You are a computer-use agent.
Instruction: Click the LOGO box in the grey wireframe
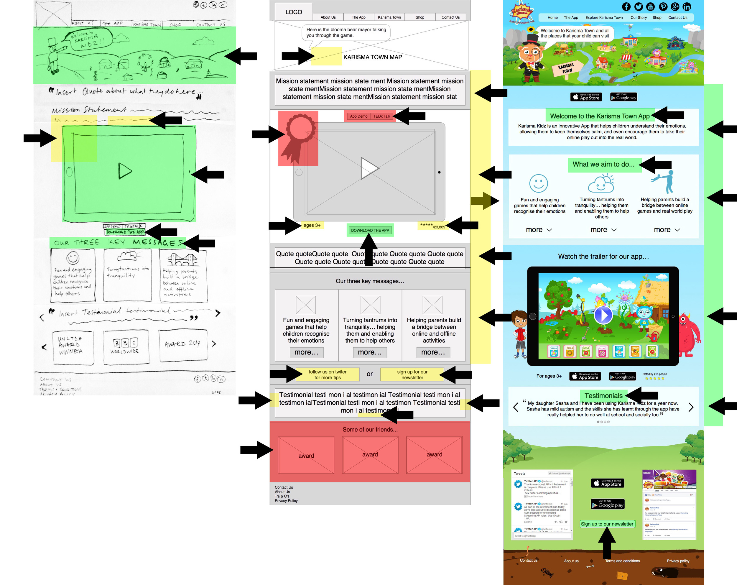coord(294,12)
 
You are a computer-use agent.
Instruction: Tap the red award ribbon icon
coord(298,137)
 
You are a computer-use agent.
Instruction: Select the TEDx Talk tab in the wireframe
coord(381,116)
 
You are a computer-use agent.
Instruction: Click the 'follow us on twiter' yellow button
coord(327,374)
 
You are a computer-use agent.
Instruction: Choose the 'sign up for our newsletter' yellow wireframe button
coord(412,374)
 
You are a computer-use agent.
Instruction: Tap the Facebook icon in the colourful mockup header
coord(626,6)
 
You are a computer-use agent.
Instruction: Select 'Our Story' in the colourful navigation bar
coord(638,17)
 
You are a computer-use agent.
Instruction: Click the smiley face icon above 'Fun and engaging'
coord(538,183)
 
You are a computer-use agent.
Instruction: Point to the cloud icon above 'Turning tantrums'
coord(601,184)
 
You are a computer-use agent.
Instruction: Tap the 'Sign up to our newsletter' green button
coord(607,524)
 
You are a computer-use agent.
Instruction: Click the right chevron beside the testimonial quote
coord(691,407)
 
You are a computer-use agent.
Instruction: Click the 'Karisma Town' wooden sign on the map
coord(566,69)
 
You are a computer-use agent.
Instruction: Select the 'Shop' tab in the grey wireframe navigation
coord(420,17)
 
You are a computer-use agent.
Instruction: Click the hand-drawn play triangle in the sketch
coord(125,171)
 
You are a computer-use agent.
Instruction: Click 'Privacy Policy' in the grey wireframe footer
coord(286,501)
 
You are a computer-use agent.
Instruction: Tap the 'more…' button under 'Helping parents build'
coord(433,352)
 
